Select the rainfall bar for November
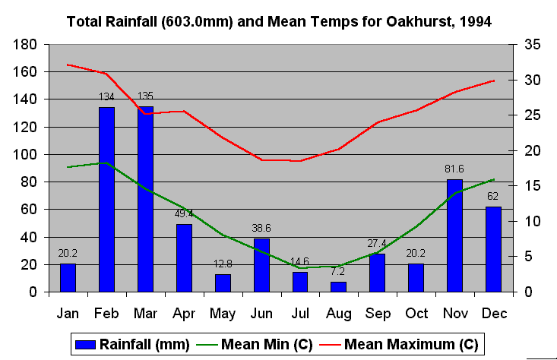(x=454, y=235)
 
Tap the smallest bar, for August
(x=338, y=286)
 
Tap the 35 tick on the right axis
(x=532, y=45)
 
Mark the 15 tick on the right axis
(x=532, y=186)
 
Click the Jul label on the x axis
(x=299, y=312)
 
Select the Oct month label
(x=416, y=312)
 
